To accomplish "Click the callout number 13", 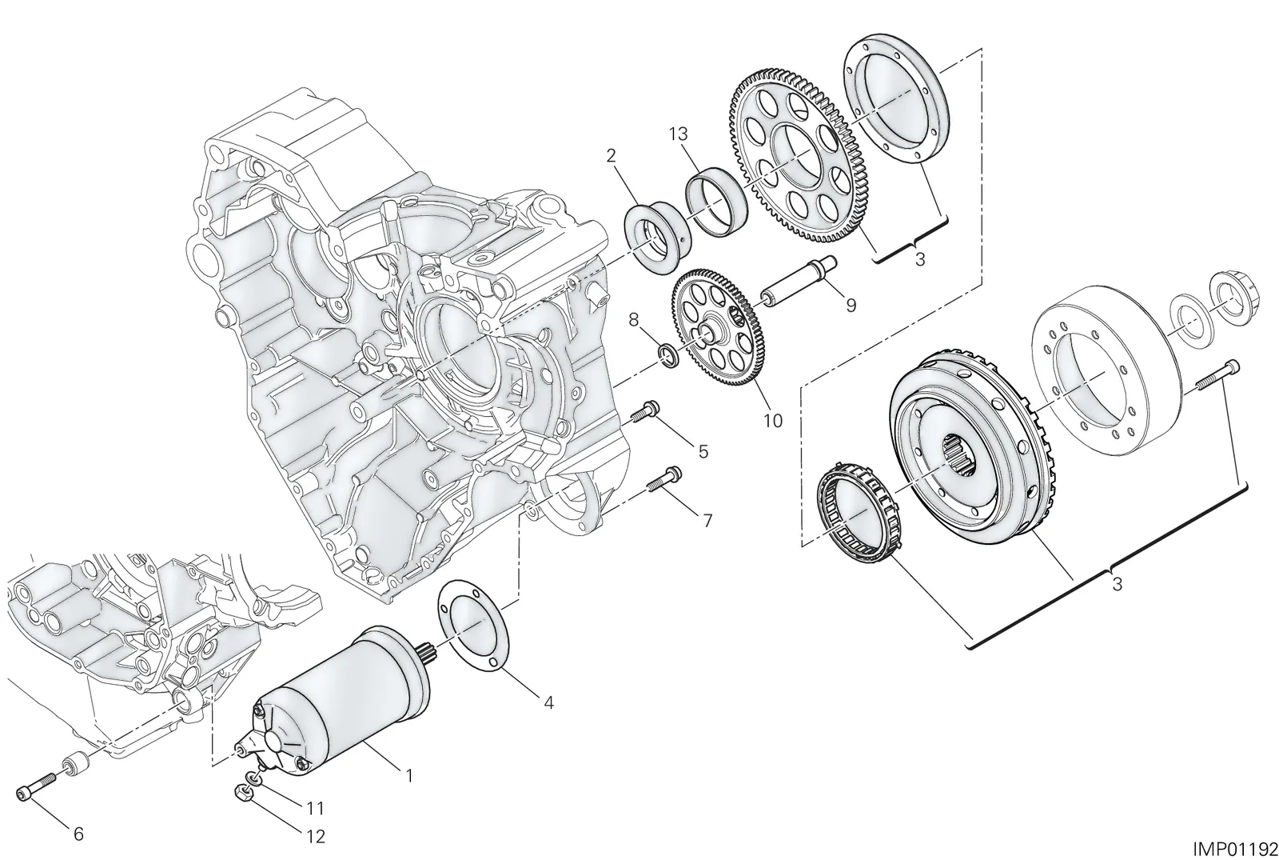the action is [679, 134].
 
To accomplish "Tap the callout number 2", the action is [611, 155].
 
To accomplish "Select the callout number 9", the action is [851, 305].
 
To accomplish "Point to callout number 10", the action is [772, 421].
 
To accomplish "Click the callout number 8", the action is [633, 320].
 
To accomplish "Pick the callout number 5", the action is [703, 451].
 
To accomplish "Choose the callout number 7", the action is [707, 521].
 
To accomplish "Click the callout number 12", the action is [315, 837].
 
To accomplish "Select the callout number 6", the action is [78, 834].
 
